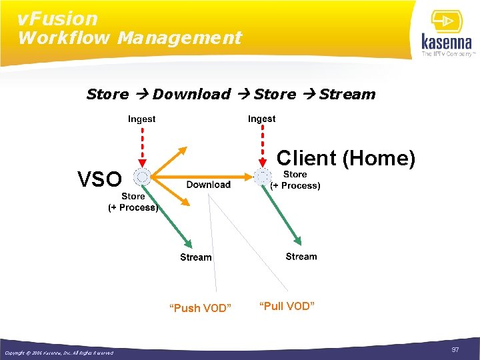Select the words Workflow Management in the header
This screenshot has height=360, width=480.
tap(129, 38)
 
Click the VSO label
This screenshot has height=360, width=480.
tap(100, 179)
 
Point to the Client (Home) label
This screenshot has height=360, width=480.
tap(345, 158)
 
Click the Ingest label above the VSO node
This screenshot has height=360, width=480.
tap(141, 119)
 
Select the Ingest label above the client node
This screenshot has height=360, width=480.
tap(261, 119)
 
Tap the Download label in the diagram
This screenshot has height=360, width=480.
tap(208, 185)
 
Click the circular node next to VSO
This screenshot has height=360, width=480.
tap(141, 177)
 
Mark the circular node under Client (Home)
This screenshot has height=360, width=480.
tap(261, 177)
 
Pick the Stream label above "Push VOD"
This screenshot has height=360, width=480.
tap(195, 257)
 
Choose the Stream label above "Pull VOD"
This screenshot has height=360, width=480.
tap(301, 257)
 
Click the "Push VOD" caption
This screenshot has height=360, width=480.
tap(200, 308)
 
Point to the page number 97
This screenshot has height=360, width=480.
tap(455, 350)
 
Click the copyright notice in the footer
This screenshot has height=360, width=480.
tap(59, 353)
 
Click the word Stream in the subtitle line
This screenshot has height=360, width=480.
tap(347, 94)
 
